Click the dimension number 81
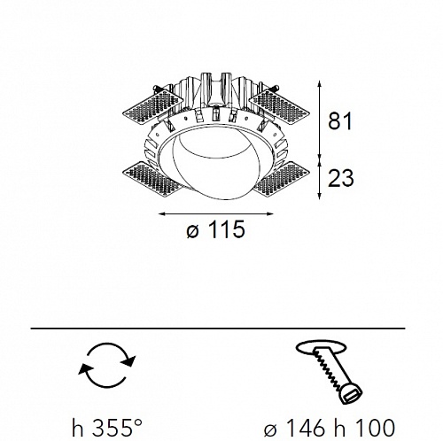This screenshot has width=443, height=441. [340, 120]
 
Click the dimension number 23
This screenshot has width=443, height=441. [340, 178]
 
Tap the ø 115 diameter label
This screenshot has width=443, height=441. [216, 229]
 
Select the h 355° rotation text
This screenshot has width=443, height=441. [107, 427]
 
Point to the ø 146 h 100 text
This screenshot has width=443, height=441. [330, 427]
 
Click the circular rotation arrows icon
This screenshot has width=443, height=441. [107, 365]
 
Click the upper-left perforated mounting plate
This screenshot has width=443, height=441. [152, 106]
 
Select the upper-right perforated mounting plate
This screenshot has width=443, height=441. [279, 106]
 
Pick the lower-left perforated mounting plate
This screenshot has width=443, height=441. [152, 179]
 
